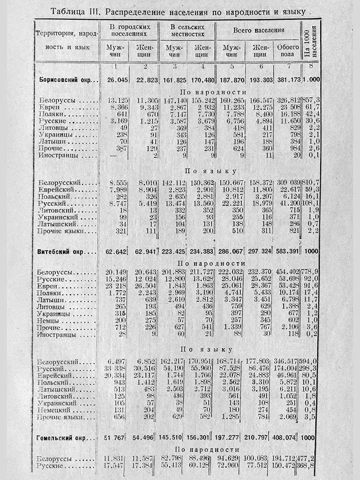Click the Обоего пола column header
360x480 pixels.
[288, 51]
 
